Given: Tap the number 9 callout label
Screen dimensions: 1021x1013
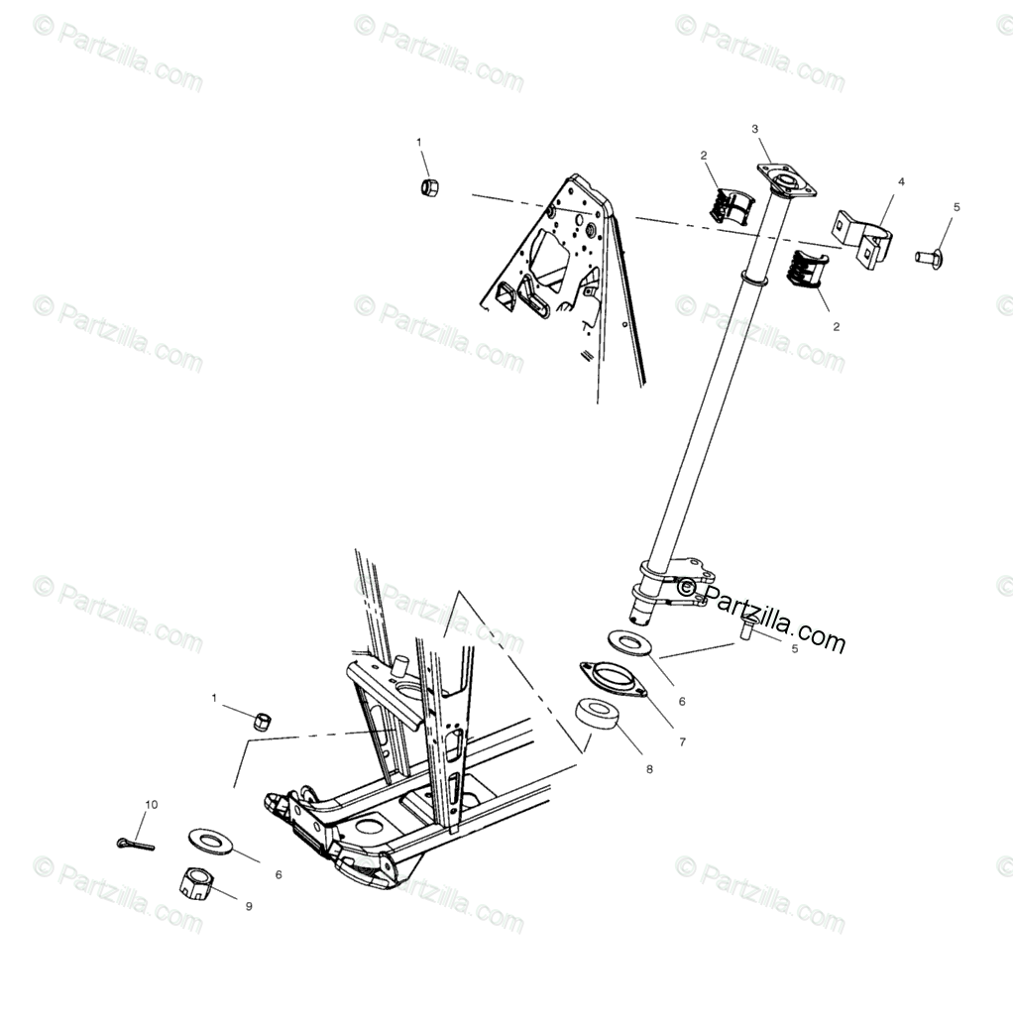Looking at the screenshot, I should [x=248, y=906].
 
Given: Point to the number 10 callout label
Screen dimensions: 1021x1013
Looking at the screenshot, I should [x=151, y=804].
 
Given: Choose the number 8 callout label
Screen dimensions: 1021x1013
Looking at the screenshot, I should [x=648, y=768].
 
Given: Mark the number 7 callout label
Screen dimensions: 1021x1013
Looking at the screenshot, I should [x=681, y=740].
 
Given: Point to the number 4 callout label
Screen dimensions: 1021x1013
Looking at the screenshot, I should [x=901, y=182].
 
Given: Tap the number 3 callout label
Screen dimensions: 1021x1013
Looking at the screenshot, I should [x=754, y=129].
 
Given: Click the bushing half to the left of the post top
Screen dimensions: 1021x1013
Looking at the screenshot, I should [x=730, y=201].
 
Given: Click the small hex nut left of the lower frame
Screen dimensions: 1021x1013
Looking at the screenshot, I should [x=263, y=721].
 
